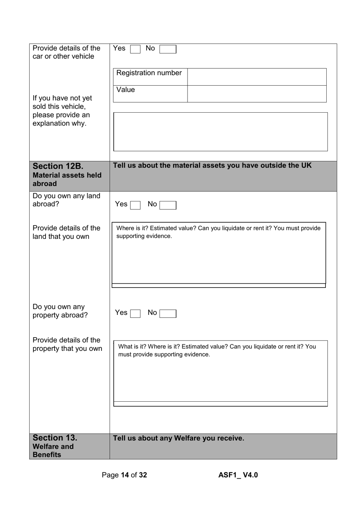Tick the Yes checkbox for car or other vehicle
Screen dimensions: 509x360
[135, 49]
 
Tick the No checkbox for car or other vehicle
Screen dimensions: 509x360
[167, 49]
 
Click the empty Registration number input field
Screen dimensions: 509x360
[257, 77]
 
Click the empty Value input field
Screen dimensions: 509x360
[257, 94]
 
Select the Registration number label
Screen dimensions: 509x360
[149, 73]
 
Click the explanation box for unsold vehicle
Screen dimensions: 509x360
[220, 132]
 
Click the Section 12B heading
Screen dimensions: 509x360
[58, 167]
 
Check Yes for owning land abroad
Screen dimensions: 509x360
[135, 205]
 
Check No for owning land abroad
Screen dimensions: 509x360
[167, 205]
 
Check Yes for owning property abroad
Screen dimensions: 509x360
[135, 314]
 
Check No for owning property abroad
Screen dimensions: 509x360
[167, 314]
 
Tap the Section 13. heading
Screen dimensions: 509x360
[55, 438]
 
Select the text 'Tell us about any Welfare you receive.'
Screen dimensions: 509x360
[178, 438]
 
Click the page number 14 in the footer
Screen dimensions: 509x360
[125, 475]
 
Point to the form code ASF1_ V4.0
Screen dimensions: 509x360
[238, 475]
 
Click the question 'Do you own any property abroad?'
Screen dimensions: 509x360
[60, 311]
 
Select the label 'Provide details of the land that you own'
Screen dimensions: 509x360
[66, 232]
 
